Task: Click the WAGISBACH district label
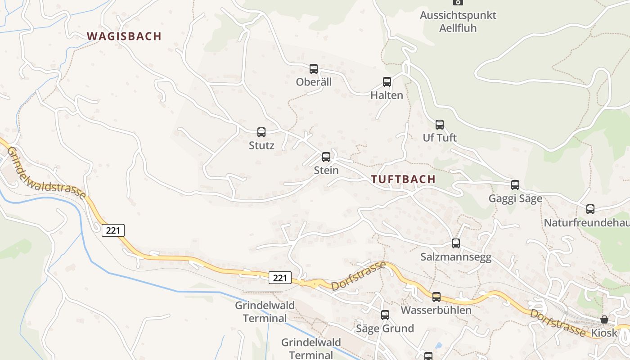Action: coord(124,36)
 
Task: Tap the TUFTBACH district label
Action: coord(403,179)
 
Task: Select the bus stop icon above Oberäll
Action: coord(314,69)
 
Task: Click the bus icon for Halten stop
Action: coord(387,82)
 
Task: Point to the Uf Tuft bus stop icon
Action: coord(440,125)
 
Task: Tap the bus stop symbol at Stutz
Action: coord(261,132)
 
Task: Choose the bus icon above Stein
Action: coord(326,157)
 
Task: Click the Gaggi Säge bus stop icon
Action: coord(515,185)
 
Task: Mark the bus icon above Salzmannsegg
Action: coord(456,243)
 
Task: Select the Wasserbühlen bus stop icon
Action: coord(436,297)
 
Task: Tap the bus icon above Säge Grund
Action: coord(385,315)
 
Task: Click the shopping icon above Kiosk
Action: coord(604,319)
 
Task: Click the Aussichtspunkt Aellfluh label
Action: coord(458,21)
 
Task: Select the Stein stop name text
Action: coord(326,171)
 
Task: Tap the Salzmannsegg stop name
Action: coord(456,257)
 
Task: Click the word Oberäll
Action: coord(314,82)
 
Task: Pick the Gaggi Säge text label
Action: coord(515,198)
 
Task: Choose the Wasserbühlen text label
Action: coord(436,310)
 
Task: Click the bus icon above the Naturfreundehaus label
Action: coord(590,209)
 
